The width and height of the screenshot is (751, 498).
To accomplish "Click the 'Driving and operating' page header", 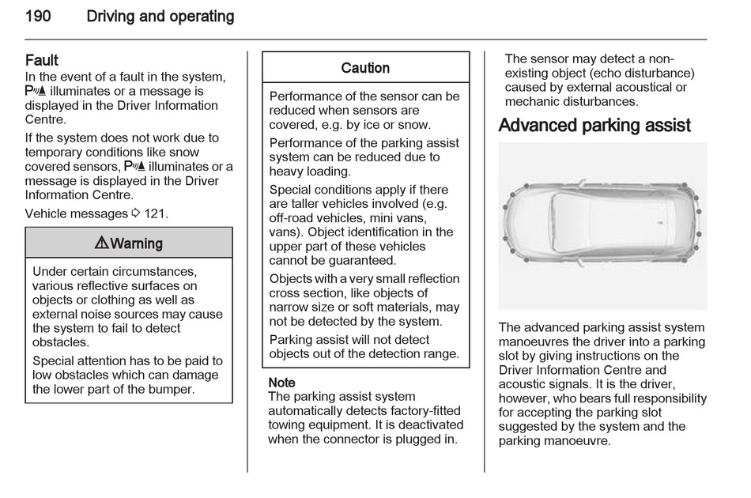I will pos(160,16).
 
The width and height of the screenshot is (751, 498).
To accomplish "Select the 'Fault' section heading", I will pos(42,60).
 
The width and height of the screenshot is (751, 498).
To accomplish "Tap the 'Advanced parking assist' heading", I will pos(594,126).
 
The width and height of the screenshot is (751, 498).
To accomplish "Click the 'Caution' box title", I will pos(365,68).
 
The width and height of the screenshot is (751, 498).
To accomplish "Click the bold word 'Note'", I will pos(281,383).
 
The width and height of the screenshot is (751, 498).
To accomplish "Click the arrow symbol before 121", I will pos(135,213).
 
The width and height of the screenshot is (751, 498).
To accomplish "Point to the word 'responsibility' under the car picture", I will pos(667,399).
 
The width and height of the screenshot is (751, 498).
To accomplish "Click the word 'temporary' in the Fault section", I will pos(54,153).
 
